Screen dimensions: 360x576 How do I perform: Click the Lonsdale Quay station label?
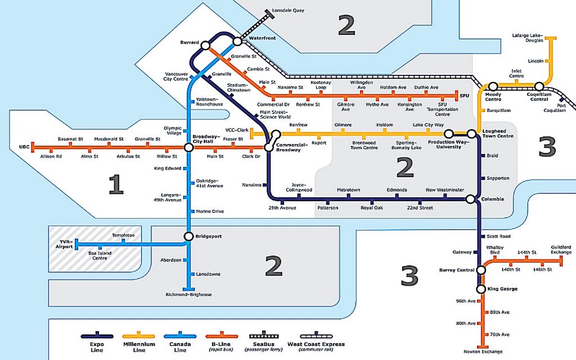287,10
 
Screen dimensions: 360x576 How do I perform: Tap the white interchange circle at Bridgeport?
188,236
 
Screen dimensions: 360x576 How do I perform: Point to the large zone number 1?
115,184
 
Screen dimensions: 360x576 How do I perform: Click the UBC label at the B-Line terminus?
24,147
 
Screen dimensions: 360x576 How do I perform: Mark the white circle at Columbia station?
471,199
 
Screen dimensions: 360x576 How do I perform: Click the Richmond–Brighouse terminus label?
188,295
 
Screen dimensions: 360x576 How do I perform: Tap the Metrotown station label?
348,190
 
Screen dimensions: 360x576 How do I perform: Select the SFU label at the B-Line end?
464,96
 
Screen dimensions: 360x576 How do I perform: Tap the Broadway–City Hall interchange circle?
188,148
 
